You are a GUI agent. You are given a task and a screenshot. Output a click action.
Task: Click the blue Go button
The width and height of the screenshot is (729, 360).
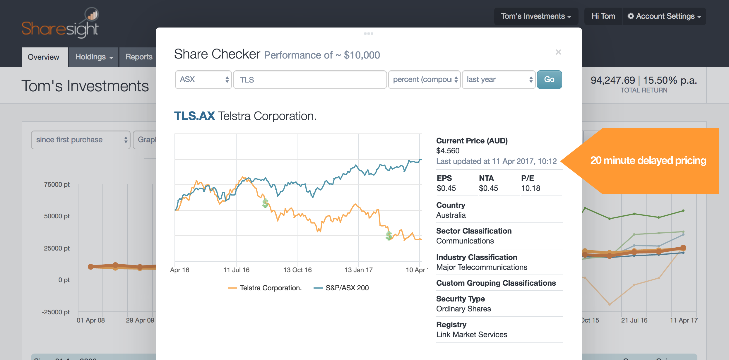pos(549,80)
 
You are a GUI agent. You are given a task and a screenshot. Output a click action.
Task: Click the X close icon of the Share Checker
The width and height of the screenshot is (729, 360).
pos(558,52)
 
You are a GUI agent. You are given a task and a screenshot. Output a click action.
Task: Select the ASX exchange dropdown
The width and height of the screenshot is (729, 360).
pos(203,80)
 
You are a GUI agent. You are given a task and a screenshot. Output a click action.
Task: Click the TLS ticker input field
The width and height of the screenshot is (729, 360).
pos(310,80)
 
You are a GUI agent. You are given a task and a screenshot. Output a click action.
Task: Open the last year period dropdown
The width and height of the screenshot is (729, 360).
pos(499,80)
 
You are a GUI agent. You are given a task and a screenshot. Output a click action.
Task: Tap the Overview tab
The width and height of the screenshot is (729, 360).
pos(44,57)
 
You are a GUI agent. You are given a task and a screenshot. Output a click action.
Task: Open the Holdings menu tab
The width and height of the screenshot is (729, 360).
pos(94,57)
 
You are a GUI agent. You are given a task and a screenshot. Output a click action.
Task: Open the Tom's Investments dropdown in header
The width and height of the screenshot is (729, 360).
pos(536,16)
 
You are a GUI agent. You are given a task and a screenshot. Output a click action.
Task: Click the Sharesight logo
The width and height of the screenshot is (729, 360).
pos(60,23)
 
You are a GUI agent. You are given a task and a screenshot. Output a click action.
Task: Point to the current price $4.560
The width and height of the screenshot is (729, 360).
pos(448,151)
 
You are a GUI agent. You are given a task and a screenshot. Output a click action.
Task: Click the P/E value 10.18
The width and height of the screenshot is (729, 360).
pos(531,188)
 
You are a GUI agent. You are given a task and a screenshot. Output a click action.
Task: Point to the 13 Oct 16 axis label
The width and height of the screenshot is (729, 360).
pos(297,270)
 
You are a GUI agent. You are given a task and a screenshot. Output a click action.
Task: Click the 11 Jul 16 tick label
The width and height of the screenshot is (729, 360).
pos(236,270)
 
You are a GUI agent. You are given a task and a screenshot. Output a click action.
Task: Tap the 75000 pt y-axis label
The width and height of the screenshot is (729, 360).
pos(57,184)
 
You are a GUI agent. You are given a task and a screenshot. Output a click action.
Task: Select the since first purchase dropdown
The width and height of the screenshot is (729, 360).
pos(81,140)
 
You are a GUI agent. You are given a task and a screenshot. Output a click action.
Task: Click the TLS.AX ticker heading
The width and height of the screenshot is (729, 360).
pos(194,116)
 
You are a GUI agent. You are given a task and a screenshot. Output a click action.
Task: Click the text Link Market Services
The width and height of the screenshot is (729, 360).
pos(471,335)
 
